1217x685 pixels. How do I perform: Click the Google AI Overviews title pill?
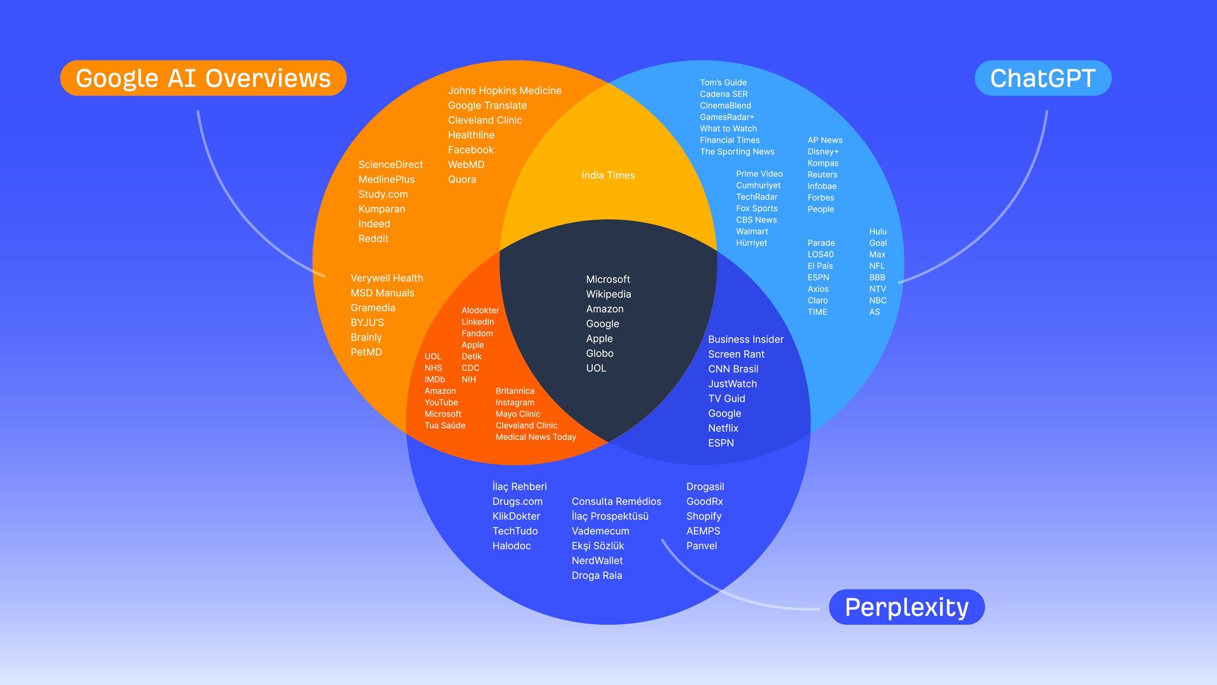(x=203, y=78)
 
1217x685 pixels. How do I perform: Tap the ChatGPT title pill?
(x=1043, y=78)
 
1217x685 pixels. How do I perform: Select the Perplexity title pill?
(x=906, y=607)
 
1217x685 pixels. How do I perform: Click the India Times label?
(x=608, y=175)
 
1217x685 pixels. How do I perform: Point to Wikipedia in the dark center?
(x=608, y=294)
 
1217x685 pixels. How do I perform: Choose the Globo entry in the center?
(x=599, y=353)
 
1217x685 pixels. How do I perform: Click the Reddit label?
(x=373, y=238)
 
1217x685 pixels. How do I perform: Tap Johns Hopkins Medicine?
(x=505, y=91)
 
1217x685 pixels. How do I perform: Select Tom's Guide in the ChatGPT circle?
(x=723, y=82)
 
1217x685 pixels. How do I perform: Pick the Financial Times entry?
(x=730, y=140)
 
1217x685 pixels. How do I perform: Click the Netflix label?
(x=723, y=428)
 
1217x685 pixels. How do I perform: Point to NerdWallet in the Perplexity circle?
(x=597, y=561)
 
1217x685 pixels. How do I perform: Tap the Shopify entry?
(x=704, y=516)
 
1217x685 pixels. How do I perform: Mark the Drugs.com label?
(x=517, y=502)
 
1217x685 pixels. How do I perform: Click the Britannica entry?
(x=515, y=391)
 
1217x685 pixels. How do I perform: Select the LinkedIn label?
(x=477, y=322)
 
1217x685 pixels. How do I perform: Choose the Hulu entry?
(x=877, y=232)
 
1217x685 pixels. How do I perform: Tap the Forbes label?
(x=820, y=198)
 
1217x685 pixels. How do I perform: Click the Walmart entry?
(x=752, y=232)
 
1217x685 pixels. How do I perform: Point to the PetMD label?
(x=366, y=352)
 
